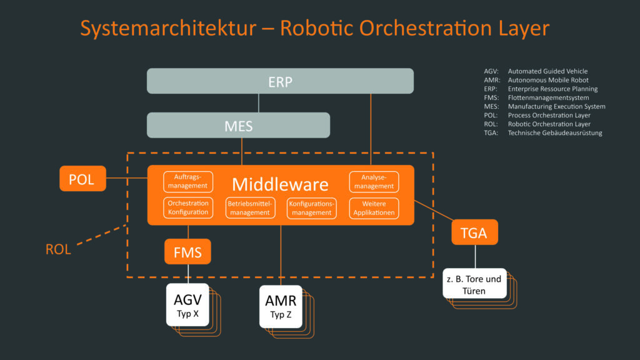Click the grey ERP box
coord(280,81)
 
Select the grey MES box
coord(238,125)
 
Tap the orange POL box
coord(82,179)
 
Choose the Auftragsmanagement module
coord(187,181)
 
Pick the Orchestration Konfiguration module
coord(187,207)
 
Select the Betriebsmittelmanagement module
coord(249,207)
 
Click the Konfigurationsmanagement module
coord(311,207)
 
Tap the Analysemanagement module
coord(374,181)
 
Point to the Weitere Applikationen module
coord(374,207)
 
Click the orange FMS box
coord(187,252)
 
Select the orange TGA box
coord(474,232)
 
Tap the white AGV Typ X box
coord(187,304)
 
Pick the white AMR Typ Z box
coord(281,306)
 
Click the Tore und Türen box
coord(474,284)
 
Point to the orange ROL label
coord(58,249)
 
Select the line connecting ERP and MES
coord(259,103)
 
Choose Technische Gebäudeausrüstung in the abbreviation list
coord(555,132)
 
